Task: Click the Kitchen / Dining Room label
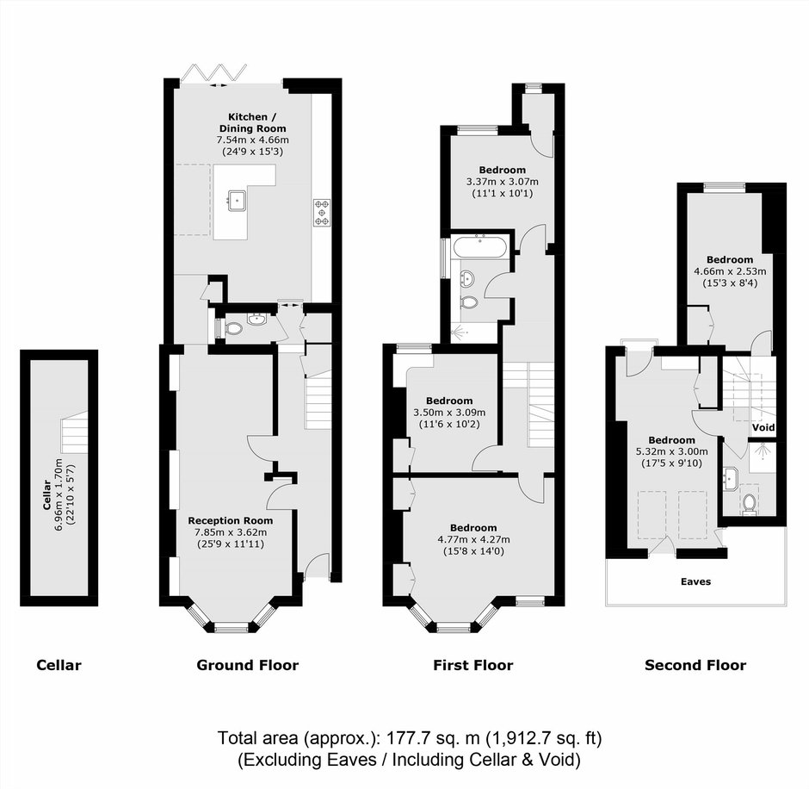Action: (252, 123)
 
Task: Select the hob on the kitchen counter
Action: (322, 213)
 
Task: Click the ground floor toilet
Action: (233, 328)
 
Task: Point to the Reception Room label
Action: (230, 520)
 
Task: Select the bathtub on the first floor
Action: (480, 246)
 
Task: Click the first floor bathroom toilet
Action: (470, 301)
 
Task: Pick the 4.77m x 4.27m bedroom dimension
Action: (473, 539)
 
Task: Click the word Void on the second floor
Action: (763, 427)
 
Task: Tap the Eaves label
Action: (695, 581)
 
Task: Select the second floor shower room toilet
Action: (750, 503)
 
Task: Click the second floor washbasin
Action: (731, 479)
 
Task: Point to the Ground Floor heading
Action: (248, 665)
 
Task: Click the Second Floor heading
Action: (695, 665)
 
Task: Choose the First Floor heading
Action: (473, 665)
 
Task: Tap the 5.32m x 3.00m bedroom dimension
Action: (672, 451)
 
